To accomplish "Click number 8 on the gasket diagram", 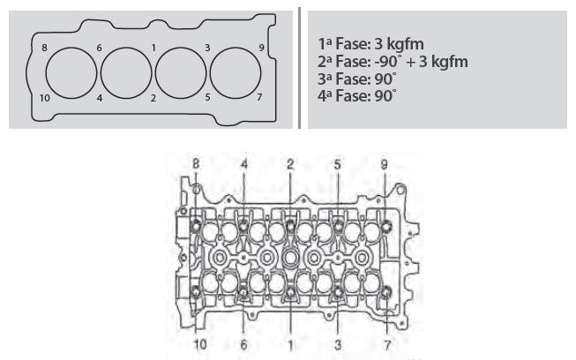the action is [44, 48].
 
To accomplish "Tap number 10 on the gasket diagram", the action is [44, 98].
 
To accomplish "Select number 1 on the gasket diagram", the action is [153, 48].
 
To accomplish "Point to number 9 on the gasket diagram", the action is [261, 48].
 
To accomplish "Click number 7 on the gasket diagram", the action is [259, 97].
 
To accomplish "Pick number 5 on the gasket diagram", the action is [207, 97].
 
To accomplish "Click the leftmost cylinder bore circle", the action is [46, 73].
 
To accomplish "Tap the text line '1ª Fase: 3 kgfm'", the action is [370, 44].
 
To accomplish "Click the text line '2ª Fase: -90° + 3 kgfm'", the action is [393, 62].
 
